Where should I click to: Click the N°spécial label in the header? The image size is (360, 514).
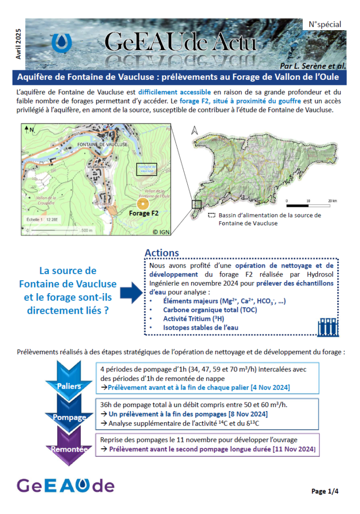(324, 24)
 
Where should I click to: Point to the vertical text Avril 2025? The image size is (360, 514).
(18, 43)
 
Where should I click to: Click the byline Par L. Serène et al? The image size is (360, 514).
(311, 66)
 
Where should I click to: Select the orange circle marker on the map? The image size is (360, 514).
(143, 204)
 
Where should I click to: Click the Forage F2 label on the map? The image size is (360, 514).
(144, 213)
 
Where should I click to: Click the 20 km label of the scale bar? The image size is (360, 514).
(332, 201)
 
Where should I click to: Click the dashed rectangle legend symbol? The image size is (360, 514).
(211, 215)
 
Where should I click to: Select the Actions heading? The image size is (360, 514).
(162, 253)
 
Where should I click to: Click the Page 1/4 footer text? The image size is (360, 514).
(325, 491)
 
